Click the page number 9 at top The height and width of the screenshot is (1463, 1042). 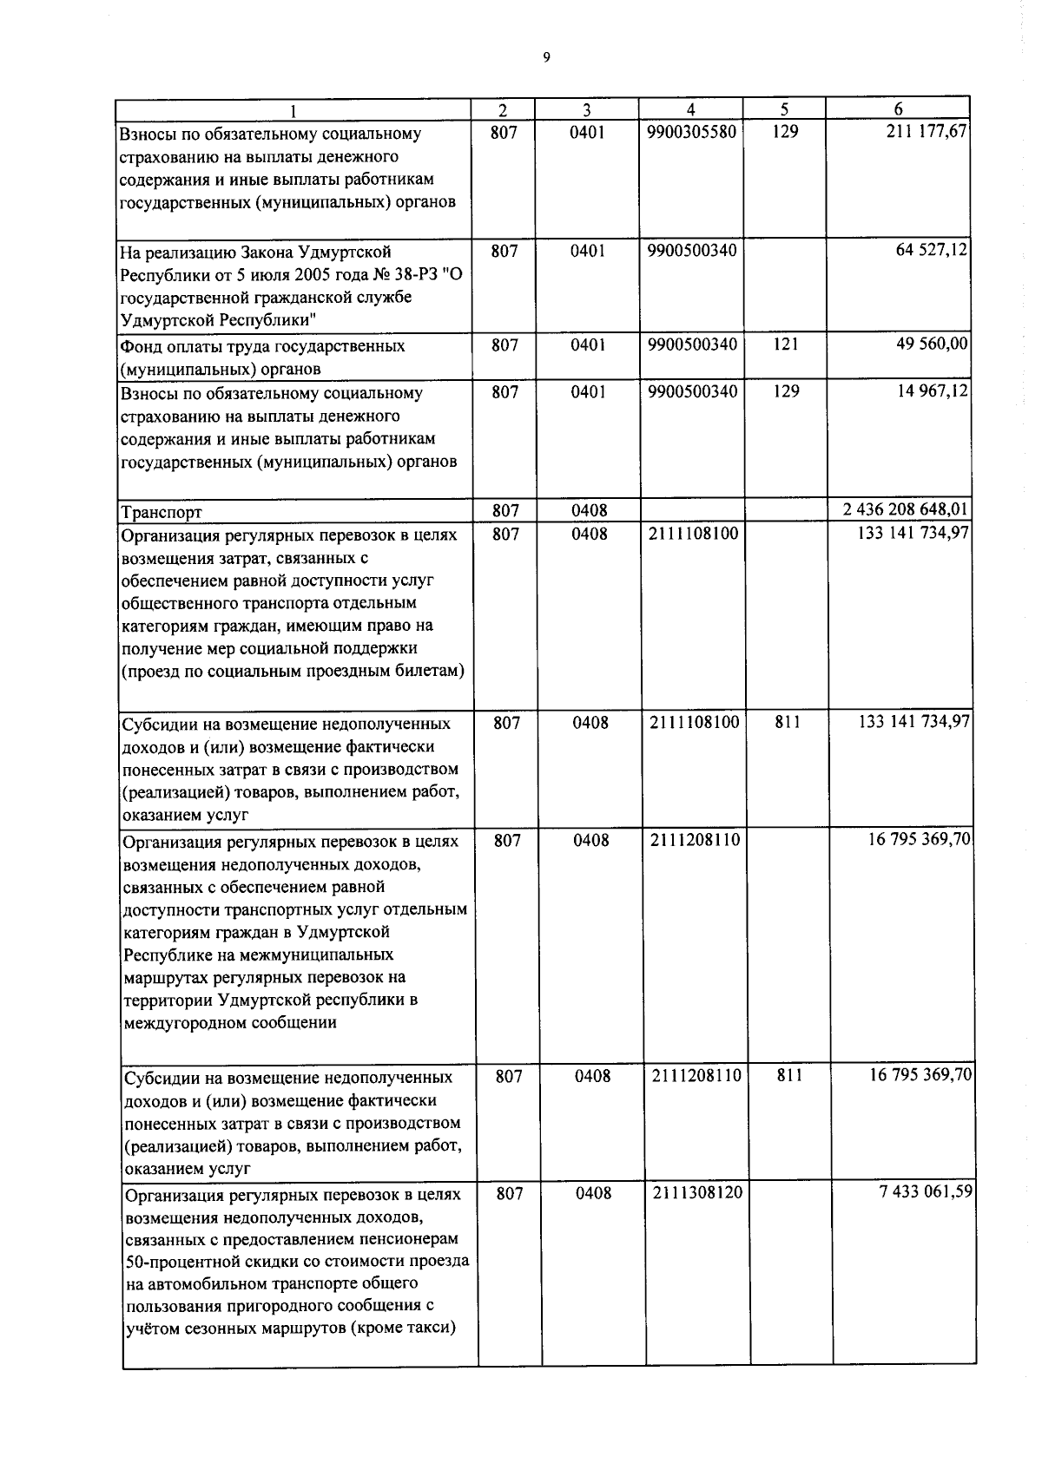(x=545, y=58)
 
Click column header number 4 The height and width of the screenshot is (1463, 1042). (x=690, y=109)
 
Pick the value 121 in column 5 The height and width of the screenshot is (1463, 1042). (x=785, y=344)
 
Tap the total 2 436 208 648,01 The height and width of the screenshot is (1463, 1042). (x=907, y=509)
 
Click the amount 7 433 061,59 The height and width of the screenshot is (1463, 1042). (x=926, y=1192)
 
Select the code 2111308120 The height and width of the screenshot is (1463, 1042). (x=696, y=1193)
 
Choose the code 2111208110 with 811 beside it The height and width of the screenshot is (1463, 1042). (x=696, y=1076)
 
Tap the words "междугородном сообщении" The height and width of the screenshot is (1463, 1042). (x=230, y=1023)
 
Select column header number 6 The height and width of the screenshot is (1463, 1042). (x=898, y=109)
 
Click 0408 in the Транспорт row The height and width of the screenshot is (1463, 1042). (x=589, y=511)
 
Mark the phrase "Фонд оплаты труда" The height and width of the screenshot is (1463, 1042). (x=195, y=346)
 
